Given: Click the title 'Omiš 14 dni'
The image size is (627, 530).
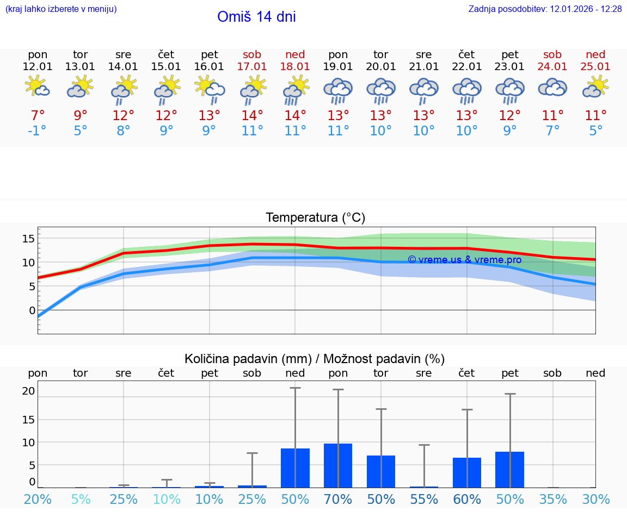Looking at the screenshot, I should coord(256,17).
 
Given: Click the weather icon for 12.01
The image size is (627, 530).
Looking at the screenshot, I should coord(38,87).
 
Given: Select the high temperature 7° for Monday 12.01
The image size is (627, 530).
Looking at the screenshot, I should coord(38,116).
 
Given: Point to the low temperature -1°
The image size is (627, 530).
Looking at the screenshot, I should coord(38,131).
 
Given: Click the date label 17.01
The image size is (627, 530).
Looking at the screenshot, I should coord(252,67).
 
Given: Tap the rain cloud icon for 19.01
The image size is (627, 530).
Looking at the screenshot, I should coord(338,91).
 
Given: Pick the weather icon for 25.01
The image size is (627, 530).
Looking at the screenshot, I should coord(595,87).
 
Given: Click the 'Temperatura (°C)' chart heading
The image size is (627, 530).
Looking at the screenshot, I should coord(315,218).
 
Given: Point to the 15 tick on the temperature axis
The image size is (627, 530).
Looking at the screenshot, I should coord(29,239).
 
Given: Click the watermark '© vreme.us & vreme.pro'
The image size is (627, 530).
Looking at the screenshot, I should coord(464,260).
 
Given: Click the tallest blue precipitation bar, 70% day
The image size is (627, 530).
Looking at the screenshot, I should coord(338,465).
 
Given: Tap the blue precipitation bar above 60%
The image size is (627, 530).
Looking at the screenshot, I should coord(467,472).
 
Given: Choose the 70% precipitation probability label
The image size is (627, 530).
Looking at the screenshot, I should coord(338,500).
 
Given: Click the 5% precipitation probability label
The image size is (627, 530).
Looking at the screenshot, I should coord(81,500).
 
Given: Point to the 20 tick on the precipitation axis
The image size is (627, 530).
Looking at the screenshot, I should coord(29,391).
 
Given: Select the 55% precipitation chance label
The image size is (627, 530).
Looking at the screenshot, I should coord(424,500).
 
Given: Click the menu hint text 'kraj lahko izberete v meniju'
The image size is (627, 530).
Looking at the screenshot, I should coord(61,9).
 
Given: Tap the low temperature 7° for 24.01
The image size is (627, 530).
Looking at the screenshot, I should coord(552,131).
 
